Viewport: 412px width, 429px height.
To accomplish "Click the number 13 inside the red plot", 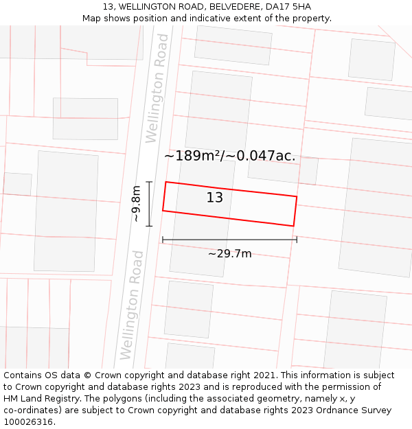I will click(215, 198).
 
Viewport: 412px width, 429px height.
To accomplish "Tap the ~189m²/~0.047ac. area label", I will click(229, 156).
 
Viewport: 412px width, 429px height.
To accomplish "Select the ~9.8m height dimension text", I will click(136, 203).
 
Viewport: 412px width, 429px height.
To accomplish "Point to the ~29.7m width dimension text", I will click(229, 254).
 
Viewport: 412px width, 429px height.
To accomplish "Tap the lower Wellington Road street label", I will click(132, 305).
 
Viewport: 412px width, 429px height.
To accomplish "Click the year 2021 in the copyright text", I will click(262, 375).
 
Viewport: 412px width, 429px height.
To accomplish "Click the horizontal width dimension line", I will click(229, 240).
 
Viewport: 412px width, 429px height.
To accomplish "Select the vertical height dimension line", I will click(149, 203).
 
